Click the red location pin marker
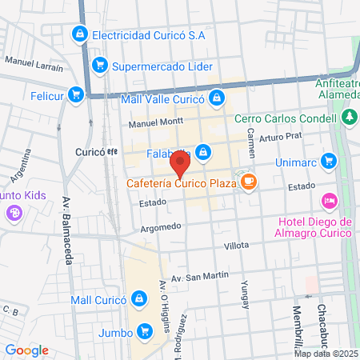(180, 164)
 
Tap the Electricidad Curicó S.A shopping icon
(79, 34)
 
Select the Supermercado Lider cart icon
(100, 65)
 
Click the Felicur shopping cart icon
(76, 94)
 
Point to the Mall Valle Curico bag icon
(216, 99)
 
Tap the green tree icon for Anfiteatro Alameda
(349, 118)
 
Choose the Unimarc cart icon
(328, 161)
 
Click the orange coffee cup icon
(249, 182)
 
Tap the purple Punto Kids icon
(13, 213)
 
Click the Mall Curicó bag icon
(140, 299)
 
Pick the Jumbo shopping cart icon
(144, 330)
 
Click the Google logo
(26, 350)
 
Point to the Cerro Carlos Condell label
(284, 118)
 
